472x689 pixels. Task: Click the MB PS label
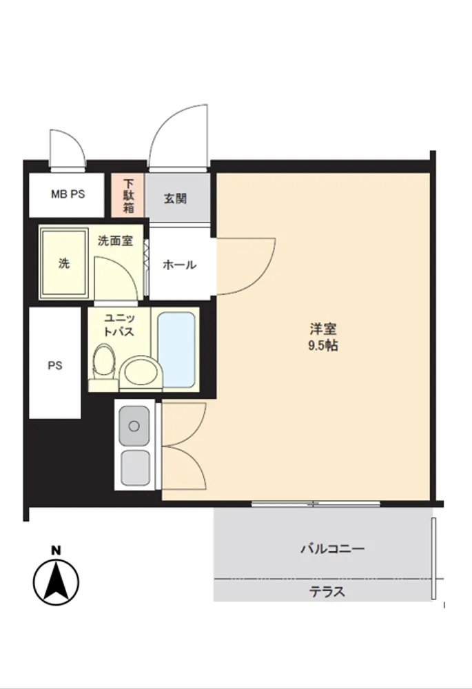coord(68,194)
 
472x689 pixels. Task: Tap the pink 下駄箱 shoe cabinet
coord(127,195)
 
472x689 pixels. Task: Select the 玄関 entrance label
coord(175,198)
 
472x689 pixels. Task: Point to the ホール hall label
coord(179,265)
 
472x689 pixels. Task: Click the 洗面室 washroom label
coord(115,240)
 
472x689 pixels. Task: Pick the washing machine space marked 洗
coord(64,263)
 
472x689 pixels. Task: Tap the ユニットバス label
coord(119,325)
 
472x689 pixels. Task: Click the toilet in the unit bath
coord(103,367)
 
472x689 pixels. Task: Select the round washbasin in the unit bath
coord(141,372)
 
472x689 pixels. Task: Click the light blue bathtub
coord(176,350)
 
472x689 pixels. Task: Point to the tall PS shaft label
coord(55,366)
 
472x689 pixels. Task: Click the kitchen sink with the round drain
coord(134,426)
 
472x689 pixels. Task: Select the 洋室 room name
coord(323,329)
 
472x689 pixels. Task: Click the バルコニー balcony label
coord(333,548)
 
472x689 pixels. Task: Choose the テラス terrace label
coord(327,592)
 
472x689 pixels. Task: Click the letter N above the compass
coord(56,550)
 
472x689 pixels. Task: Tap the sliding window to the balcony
coord(316,504)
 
